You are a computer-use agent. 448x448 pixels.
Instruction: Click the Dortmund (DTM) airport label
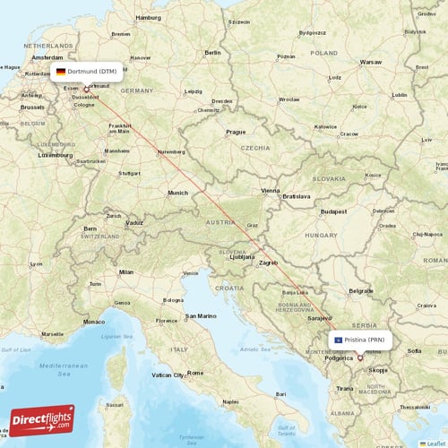point(92,71)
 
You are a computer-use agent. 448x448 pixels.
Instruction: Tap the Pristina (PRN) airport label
point(366,340)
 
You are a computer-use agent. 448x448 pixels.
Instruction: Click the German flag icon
point(61,71)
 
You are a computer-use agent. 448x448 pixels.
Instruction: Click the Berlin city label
point(212,53)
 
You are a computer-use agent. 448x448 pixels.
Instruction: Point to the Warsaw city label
point(370,63)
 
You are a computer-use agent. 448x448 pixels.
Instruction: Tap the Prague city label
point(236,132)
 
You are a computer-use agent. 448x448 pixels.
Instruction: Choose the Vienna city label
point(270,191)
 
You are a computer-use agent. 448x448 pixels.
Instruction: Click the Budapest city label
point(334,211)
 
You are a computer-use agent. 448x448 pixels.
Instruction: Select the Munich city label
point(177,193)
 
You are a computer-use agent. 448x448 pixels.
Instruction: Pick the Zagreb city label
point(269,263)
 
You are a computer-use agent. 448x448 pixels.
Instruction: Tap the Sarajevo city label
point(320,317)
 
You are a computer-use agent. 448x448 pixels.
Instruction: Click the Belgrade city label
point(361,291)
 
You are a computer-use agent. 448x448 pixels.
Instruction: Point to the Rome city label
point(195,373)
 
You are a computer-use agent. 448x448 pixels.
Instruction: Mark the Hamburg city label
point(148,17)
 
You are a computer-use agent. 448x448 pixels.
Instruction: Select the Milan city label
point(125,271)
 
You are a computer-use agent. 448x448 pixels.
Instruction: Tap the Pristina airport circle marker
point(360,358)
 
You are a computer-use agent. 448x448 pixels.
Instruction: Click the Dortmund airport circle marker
point(86,88)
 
